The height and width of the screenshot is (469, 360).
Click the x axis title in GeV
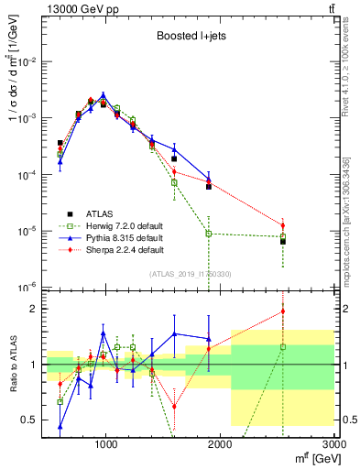tap(311, 459)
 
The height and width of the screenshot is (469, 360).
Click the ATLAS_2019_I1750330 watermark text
tap(191, 273)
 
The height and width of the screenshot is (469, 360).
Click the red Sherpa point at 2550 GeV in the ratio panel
tap(283, 311)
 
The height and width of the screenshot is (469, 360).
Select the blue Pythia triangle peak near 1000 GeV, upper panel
tap(104, 94)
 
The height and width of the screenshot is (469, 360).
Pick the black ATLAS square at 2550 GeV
tap(283, 242)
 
